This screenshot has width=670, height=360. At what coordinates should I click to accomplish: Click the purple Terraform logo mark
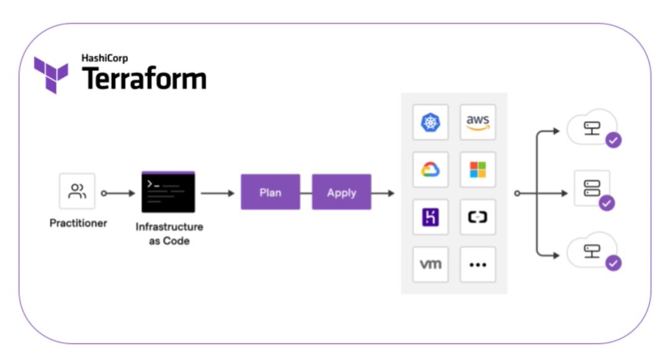click(x=50, y=74)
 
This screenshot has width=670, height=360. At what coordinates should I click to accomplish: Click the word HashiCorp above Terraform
click(x=104, y=58)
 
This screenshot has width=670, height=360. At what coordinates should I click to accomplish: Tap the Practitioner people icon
click(x=77, y=192)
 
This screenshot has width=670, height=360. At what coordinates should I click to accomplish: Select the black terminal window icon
click(x=168, y=192)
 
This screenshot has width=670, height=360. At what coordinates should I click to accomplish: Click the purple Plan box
click(x=270, y=192)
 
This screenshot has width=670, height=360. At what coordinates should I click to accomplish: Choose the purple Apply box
click(x=341, y=192)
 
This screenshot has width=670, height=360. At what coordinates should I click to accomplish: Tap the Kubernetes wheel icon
click(x=430, y=122)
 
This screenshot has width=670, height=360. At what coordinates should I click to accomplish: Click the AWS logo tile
click(x=478, y=122)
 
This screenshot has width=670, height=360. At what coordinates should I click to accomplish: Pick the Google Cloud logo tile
click(x=430, y=169)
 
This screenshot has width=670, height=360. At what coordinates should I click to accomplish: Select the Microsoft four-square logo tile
click(x=478, y=169)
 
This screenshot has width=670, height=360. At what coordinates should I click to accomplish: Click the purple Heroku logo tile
click(x=430, y=217)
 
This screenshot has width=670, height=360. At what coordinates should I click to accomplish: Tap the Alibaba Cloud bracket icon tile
click(x=478, y=217)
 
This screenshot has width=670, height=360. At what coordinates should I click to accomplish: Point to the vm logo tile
click(x=430, y=264)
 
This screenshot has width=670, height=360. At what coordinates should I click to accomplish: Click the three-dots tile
click(x=478, y=264)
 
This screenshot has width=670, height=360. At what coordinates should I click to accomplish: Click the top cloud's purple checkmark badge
click(x=614, y=140)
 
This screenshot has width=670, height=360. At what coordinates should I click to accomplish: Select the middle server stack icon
click(x=592, y=188)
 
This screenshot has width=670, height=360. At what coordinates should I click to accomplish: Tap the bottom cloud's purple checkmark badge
click(x=614, y=263)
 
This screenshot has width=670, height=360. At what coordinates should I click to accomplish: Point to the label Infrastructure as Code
click(x=169, y=233)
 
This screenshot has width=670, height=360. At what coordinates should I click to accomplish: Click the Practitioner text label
click(x=78, y=223)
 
